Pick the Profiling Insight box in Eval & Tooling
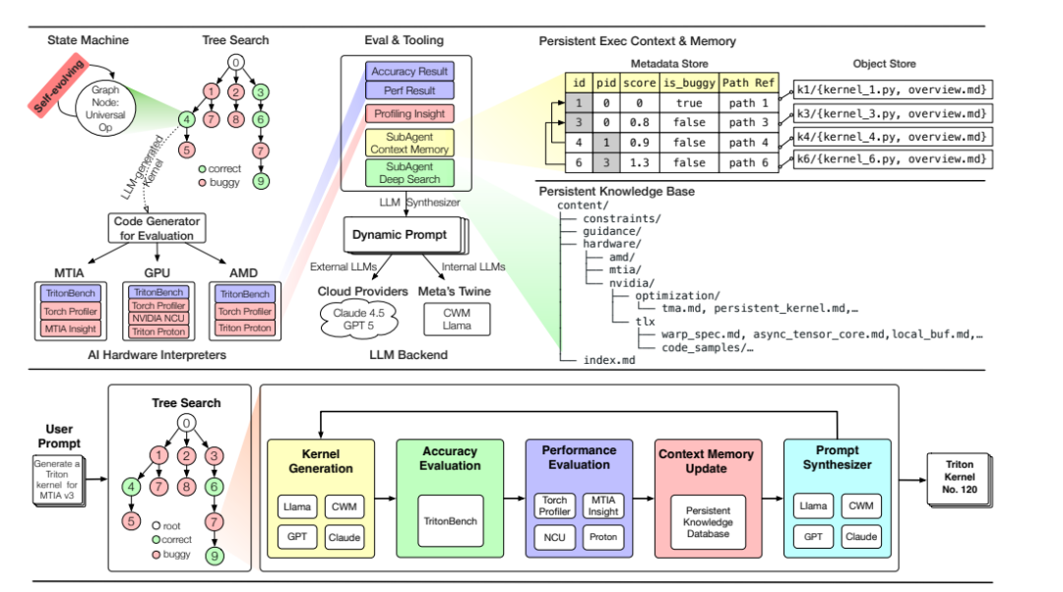[x=409, y=114]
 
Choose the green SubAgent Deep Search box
[x=409, y=172]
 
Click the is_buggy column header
[x=690, y=83]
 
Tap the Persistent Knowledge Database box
[x=709, y=521]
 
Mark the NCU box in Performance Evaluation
[x=554, y=538]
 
